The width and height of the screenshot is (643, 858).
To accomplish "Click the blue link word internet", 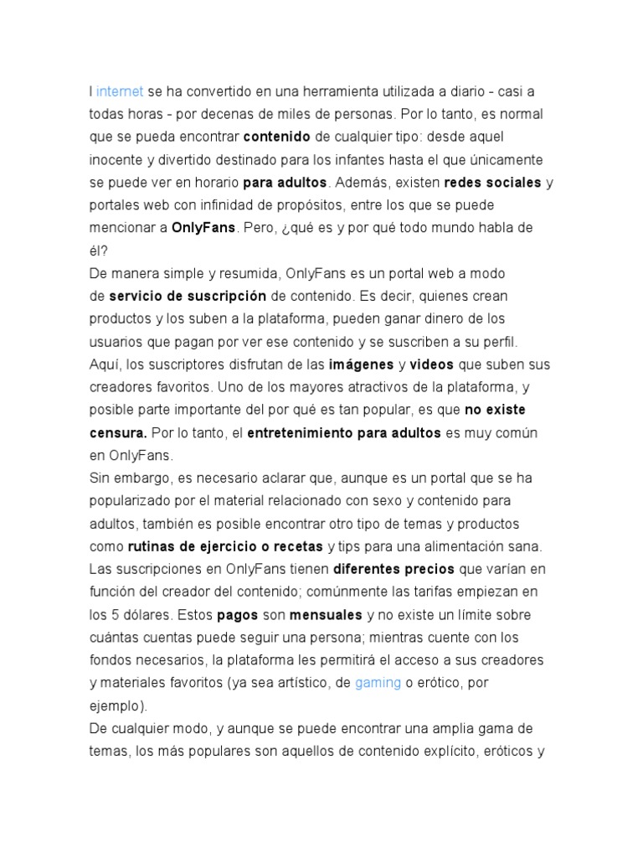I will click(120, 90).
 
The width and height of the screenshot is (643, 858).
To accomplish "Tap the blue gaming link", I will click(378, 683).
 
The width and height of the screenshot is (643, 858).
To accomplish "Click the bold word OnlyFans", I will click(203, 228).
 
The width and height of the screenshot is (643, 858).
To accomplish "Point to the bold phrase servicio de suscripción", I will click(188, 297).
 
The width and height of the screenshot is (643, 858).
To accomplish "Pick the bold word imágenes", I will click(361, 364).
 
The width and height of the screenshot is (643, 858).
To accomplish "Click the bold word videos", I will click(430, 364).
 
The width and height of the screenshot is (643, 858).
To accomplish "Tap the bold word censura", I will click(118, 433).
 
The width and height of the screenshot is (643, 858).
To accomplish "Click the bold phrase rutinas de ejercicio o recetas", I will click(225, 547).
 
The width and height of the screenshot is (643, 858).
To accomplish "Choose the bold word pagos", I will click(236, 615).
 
